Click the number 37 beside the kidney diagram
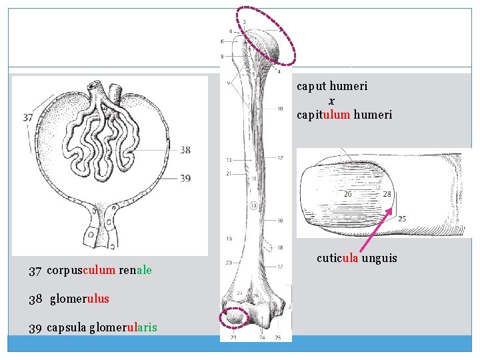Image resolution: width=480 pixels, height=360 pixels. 27,118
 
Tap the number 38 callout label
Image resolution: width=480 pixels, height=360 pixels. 185,150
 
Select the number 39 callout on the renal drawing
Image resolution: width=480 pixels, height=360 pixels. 185,178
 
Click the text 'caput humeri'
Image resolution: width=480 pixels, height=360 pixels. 332,86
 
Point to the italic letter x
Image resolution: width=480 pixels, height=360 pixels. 331,101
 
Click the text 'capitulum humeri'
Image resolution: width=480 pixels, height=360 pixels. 345,115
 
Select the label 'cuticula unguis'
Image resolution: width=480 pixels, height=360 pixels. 357,257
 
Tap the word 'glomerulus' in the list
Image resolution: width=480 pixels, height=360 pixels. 79,299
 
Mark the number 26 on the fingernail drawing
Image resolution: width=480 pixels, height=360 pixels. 348,194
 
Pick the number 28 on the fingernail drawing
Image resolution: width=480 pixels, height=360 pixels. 387,195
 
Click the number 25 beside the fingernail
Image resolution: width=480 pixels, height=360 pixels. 402,219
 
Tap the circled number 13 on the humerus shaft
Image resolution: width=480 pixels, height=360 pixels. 254,205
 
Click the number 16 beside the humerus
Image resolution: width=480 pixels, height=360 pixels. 280,221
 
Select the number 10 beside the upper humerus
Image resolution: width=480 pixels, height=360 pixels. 280,109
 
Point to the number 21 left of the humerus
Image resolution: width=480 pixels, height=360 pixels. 229,174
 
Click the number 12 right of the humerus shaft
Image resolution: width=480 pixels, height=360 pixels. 280,157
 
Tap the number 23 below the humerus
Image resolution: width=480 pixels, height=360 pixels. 234,338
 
